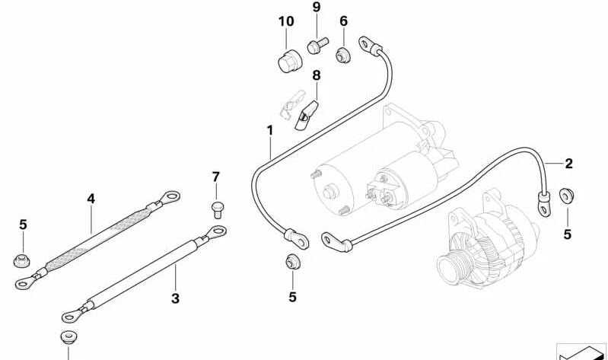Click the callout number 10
pos(286,21)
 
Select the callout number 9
pos(317,8)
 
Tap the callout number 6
pos(343,21)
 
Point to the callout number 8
pos(317,75)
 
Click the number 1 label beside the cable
pos(269,131)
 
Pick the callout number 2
pos(568,163)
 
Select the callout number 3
pos(175,298)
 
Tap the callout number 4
pos(91,199)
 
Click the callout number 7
pos(215,177)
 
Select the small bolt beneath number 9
pos(317,46)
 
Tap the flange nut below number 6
pos(343,54)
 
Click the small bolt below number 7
pos(215,205)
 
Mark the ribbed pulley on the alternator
pos(452,266)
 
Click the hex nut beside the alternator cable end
pos(567,196)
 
